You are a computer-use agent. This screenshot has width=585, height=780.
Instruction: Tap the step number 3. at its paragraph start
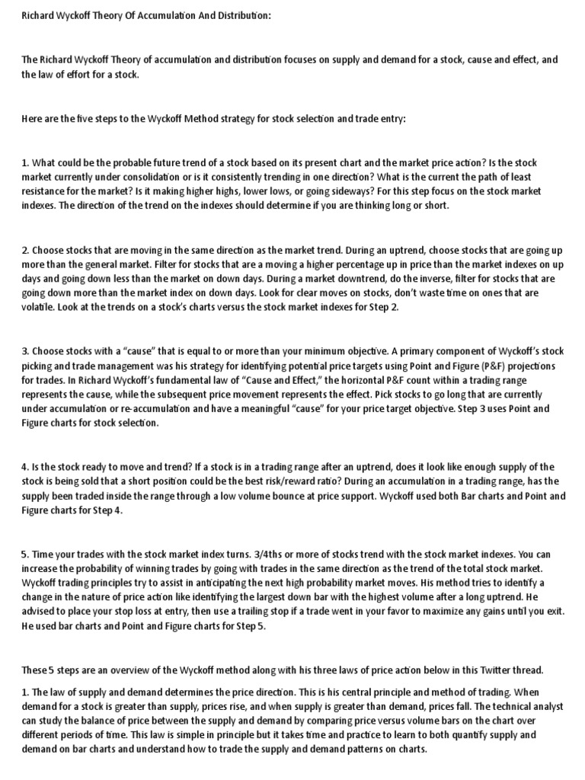click(x=25, y=351)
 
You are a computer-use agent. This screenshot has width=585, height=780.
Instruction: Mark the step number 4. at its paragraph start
click(x=25, y=467)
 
